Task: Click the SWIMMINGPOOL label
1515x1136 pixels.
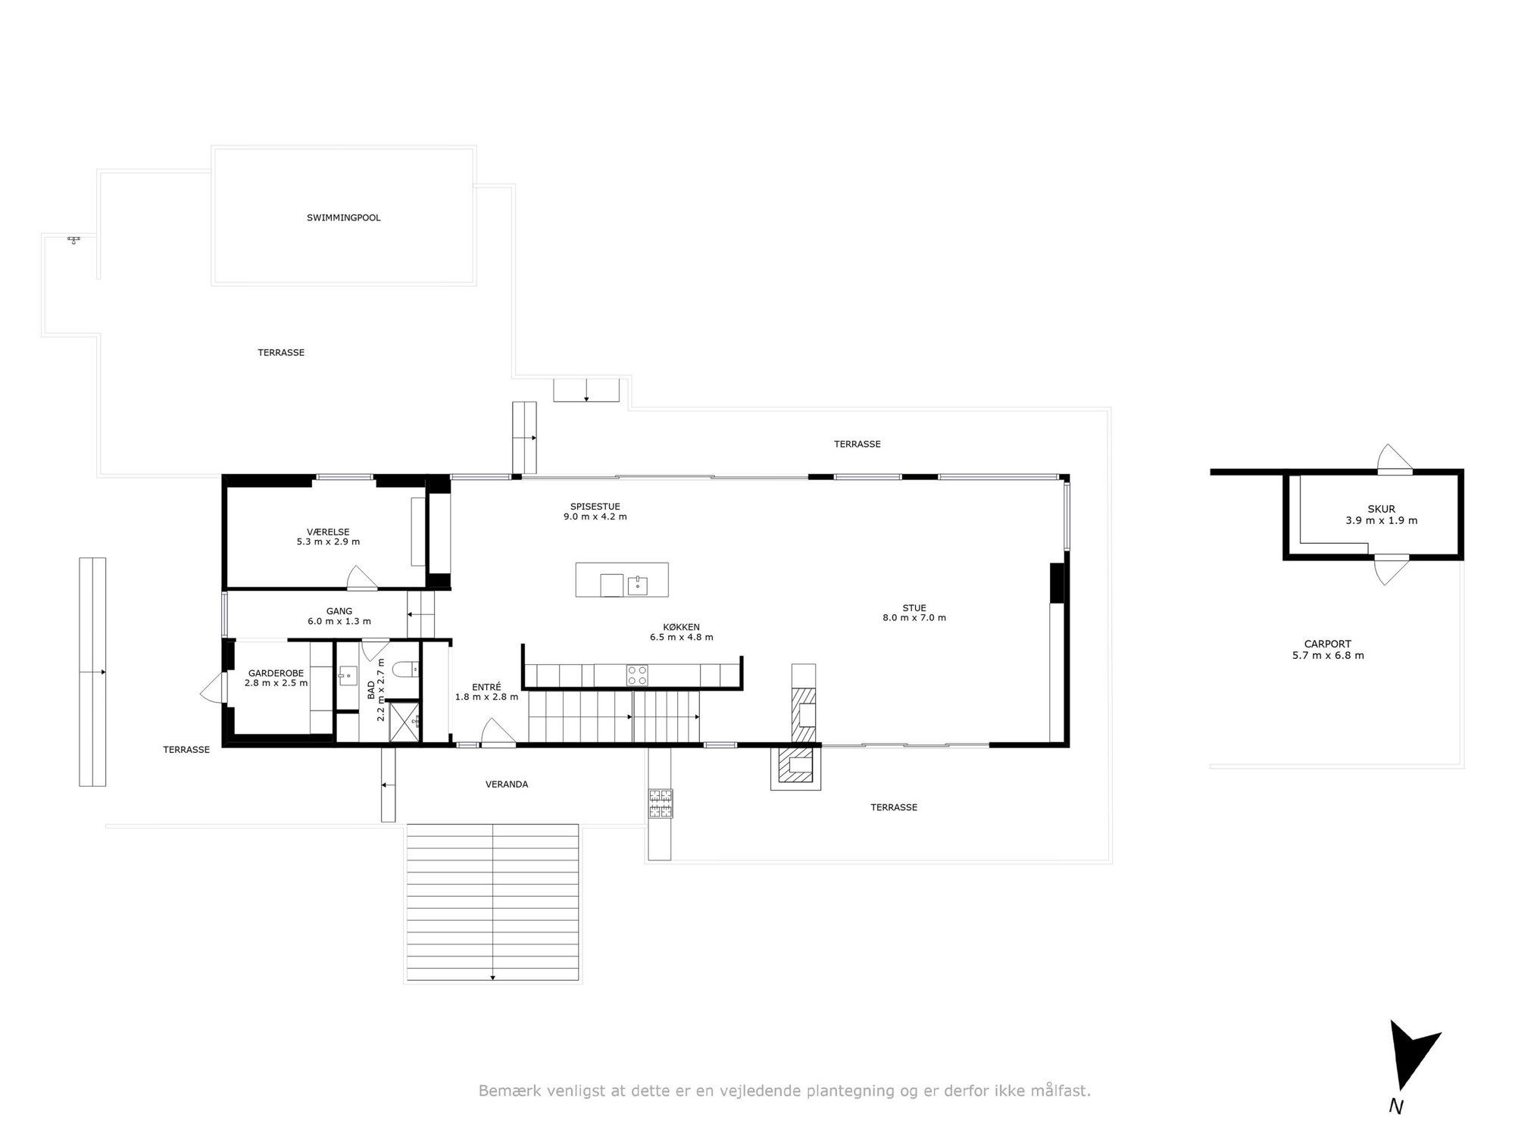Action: tap(343, 218)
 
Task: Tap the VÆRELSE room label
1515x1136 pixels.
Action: tap(328, 532)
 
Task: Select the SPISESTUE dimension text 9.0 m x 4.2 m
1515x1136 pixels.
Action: tap(595, 517)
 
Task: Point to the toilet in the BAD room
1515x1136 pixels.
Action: tap(404, 669)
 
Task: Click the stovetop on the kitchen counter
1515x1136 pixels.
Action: tap(637, 675)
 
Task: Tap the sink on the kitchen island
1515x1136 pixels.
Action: tap(637, 585)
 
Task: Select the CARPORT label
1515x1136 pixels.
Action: tap(1328, 644)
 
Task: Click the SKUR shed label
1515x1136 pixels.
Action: tap(1381, 510)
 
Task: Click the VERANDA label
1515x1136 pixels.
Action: tap(507, 785)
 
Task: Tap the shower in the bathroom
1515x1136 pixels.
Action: tap(405, 721)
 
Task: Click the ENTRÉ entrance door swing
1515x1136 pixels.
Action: tap(498, 733)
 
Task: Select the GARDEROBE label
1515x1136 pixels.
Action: tap(276, 673)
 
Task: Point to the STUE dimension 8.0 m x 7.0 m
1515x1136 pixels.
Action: tap(914, 618)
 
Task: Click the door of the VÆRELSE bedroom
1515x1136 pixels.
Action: tap(362, 578)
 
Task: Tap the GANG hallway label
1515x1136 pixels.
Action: tap(339, 611)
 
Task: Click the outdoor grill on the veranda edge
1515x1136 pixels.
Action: tap(659, 804)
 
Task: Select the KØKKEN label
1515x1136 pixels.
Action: tap(681, 627)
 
